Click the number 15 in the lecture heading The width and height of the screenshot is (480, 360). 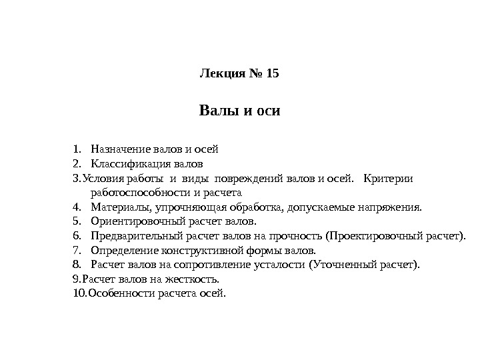pyautogui.click(x=272, y=74)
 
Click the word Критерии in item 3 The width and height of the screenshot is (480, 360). pyautogui.click(x=389, y=178)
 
